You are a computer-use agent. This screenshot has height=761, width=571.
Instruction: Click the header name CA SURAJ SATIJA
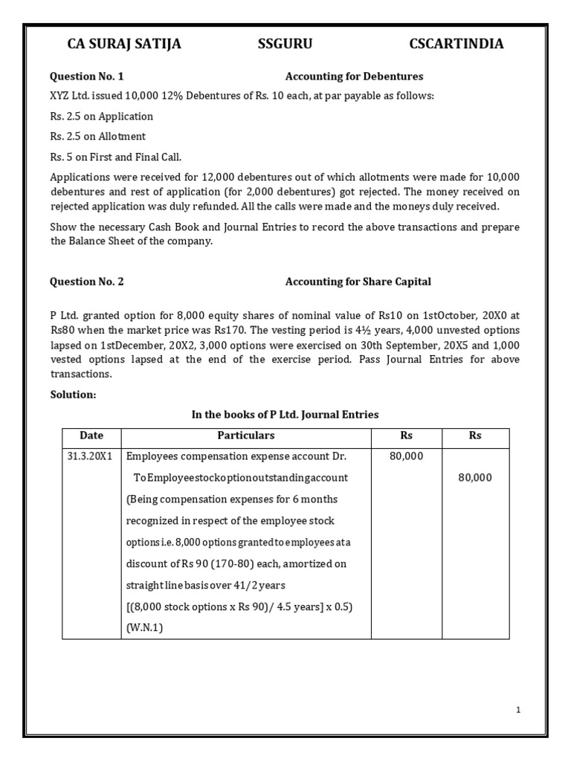[124, 45]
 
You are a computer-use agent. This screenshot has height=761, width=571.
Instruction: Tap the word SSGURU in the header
[285, 45]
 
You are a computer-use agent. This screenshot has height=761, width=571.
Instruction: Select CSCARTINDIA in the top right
[456, 45]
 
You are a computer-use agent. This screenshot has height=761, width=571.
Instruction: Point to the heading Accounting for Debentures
[354, 77]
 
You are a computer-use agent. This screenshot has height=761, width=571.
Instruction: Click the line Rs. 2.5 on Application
[101, 117]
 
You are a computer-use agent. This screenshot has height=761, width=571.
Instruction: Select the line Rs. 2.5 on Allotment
[97, 137]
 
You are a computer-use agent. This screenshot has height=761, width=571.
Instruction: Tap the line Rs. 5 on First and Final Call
[115, 157]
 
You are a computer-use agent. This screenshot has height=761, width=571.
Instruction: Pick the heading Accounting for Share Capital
[358, 282]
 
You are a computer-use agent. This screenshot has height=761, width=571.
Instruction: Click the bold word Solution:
[73, 395]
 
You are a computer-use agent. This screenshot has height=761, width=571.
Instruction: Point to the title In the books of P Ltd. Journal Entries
[285, 415]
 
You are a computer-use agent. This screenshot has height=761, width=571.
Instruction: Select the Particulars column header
[245, 435]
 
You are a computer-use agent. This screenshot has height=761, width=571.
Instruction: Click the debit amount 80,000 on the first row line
[406, 456]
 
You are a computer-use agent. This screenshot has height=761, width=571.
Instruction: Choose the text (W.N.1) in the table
[144, 628]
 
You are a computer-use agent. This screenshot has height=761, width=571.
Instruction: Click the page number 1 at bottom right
[518, 710]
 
